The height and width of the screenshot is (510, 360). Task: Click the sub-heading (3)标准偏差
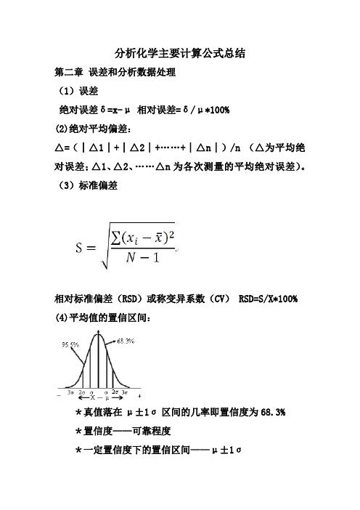pos(88,185)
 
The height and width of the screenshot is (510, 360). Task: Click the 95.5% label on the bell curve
pos(71,346)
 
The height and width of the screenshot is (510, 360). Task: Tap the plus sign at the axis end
pos(139,397)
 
